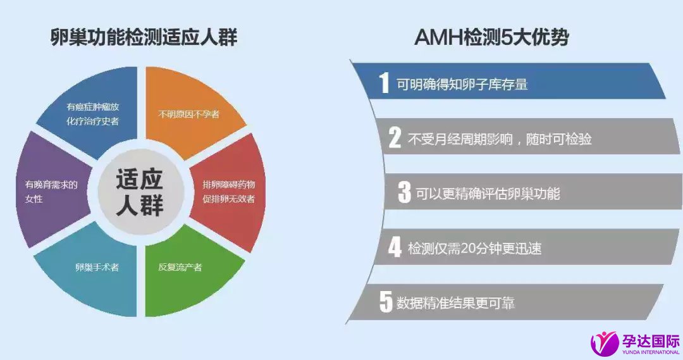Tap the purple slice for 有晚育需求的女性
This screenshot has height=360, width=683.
(50, 190)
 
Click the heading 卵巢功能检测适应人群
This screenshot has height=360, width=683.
(144, 37)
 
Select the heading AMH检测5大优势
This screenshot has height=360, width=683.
(492, 37)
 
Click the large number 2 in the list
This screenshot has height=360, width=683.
(395, 138)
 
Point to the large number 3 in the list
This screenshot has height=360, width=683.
(404, 192)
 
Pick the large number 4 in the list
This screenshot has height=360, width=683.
(395, 247)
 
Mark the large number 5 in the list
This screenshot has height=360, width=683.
(386, 302)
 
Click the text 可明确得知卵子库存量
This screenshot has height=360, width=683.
(462, 84)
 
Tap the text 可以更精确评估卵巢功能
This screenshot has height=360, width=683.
(488, 194)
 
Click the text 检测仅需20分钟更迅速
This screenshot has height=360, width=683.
(475, 249)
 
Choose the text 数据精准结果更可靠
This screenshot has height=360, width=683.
(455, 303)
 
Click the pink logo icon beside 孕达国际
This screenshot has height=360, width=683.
(604, 342)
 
